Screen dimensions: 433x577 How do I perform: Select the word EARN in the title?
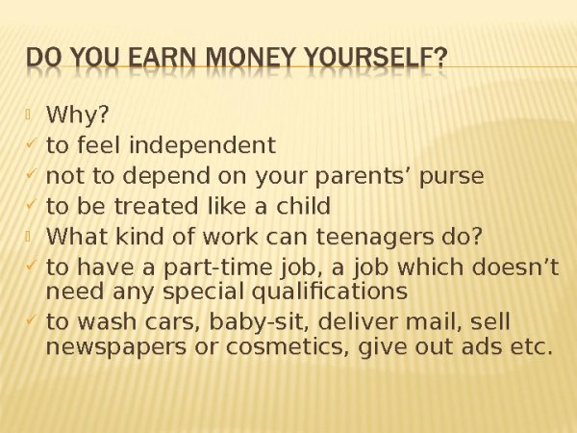156,60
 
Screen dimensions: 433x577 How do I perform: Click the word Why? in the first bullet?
77,116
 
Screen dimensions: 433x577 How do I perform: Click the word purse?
454,177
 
